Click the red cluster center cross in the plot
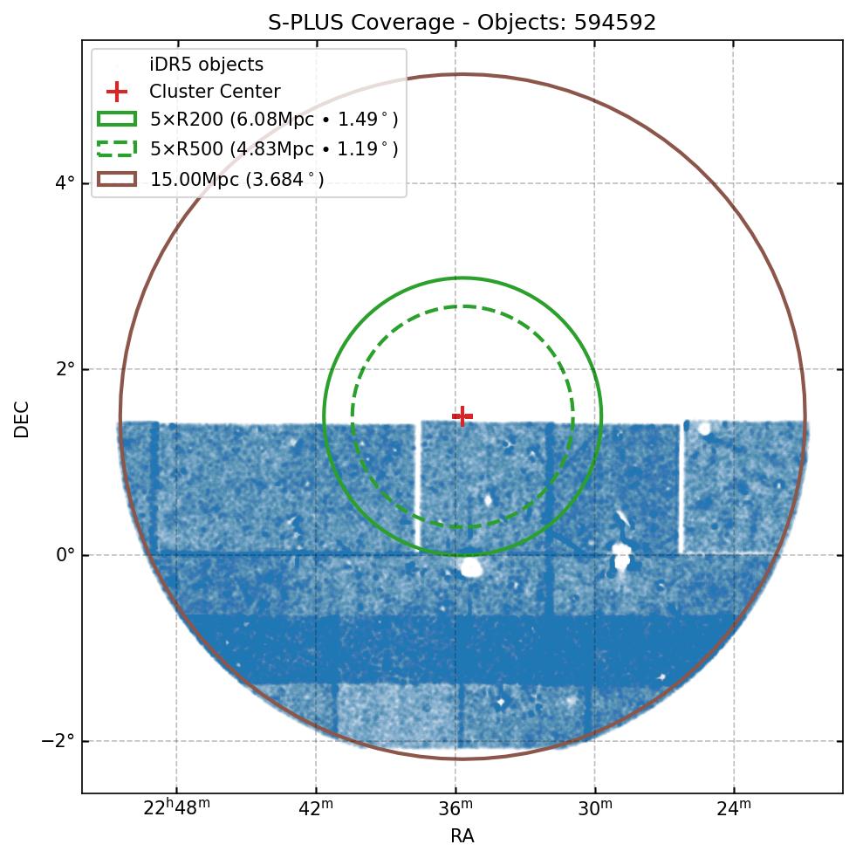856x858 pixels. [462, 416]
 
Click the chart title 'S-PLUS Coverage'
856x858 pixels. [365, 23]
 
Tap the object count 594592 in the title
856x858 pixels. [614, 23]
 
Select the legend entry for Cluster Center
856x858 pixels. [215, 92]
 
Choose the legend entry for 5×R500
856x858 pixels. [274, 149]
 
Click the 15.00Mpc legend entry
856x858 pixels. [236, 180]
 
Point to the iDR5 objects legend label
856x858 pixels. [206, 65]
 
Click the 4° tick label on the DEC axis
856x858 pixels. [65, 183]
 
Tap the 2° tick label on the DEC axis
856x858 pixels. [65, 369]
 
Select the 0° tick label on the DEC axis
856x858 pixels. [65, 555]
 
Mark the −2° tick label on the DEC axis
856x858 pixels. [60, 741]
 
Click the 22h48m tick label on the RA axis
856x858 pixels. [176, 808]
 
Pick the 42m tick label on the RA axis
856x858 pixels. [316, 808]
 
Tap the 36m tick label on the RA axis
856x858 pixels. [455, 808]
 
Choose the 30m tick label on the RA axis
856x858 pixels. [594, 808]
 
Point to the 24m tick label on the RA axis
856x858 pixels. [733, 808]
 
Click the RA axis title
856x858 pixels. [462, 836]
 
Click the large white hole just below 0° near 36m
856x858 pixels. [471, 568]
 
